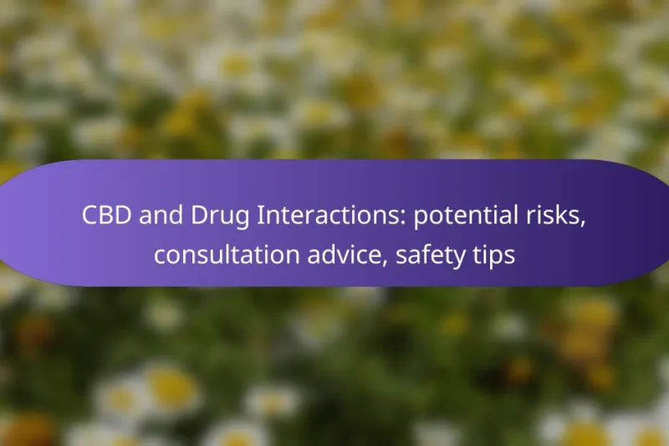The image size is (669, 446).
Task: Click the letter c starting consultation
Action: [x=159, y=257]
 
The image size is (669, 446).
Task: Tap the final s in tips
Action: [x=510, y=257]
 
